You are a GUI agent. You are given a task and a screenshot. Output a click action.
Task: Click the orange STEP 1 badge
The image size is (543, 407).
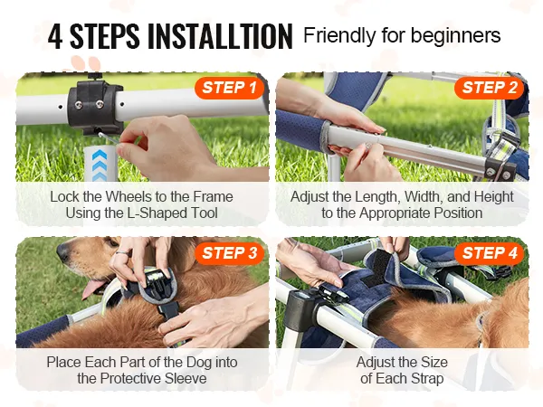pyautogui.click(x=230, y=88)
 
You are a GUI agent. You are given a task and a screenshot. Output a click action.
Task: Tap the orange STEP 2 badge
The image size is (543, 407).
pyautogui.click(x=490, y=88)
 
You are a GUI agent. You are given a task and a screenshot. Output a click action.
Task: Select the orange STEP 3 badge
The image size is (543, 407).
pyautogui.click(x=230, y=253)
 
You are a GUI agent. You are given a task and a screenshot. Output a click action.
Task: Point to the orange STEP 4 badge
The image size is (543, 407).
pyautogui.click(x=490, y=253)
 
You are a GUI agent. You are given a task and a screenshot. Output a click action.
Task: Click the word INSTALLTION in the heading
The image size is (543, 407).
pyautogui.click(x=220, y=36)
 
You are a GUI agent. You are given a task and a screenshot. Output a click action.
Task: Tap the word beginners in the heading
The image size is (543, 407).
pyautogui.click(x=456, y=36)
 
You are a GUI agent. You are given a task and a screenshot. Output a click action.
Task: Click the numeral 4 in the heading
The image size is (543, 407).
pyautogui.click(x=55, y=36)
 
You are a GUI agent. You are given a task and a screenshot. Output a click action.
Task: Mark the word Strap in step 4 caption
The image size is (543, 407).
pyautogui.click(x=425, y=379)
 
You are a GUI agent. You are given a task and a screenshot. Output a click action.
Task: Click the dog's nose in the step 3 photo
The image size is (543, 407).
pyautogui.click(x=63, y=251)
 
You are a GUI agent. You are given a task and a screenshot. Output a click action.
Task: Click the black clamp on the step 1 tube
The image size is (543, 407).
pyautogui.click(x=94, y=105)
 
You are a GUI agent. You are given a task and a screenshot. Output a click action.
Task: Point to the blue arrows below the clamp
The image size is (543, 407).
pyautogui.click(x=100, y=165)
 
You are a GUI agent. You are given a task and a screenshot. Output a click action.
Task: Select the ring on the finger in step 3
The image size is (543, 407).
pyautogui.click(x=122, y=253)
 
